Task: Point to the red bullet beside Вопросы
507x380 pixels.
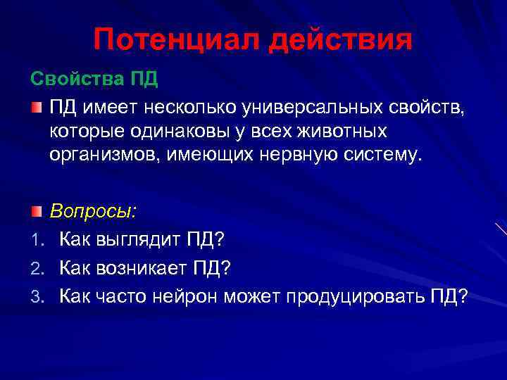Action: point(37,211)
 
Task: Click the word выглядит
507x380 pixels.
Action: point(134,240)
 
